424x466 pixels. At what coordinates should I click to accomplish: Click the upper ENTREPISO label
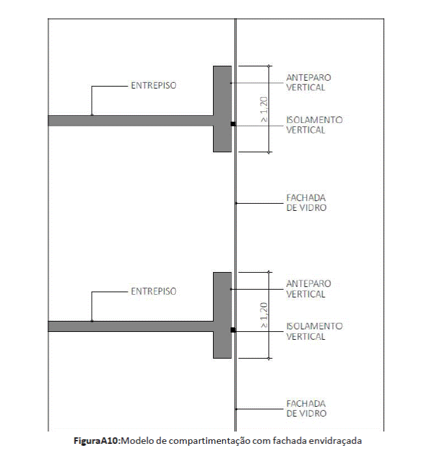pos(154,85)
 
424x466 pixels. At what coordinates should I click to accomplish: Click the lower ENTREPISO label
pos(154,292)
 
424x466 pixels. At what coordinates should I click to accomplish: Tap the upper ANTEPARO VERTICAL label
pos(308,82)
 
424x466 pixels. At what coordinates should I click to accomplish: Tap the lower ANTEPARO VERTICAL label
pos(308,288)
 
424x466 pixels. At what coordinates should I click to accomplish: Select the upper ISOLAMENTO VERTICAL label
pos(315,125)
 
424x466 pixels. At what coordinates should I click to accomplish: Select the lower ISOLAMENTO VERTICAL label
pos(315,331)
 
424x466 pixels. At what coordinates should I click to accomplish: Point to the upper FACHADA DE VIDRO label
pos(306,202)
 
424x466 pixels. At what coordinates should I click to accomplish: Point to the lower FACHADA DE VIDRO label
pos(306,408)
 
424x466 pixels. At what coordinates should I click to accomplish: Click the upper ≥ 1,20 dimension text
pos(264,109)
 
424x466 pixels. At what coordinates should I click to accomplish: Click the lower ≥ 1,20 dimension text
pos(264,315)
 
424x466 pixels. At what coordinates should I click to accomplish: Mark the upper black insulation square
pos(233,124)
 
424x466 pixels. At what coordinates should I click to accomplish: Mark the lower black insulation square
pos(233,330)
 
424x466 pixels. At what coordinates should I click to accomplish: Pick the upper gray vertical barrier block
pos(222,109)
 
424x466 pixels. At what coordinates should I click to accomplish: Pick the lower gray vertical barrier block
pos(222,315)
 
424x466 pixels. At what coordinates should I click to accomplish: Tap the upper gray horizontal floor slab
pos(131,120)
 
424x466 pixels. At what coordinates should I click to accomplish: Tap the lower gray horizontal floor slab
pos(131,326)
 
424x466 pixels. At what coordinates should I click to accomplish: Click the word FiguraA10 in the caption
pos(96,441)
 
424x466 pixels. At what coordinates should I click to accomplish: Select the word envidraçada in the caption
pos(335,441)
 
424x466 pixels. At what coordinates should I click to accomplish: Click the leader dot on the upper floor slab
pos(92,115)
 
